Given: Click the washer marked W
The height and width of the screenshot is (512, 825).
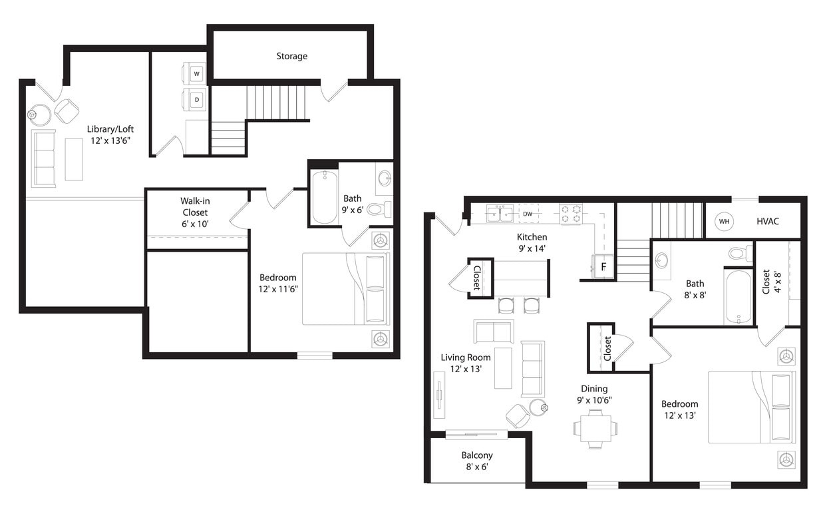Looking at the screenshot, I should tap(196, 73).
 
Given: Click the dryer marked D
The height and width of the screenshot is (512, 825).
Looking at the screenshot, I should tap(196, 100).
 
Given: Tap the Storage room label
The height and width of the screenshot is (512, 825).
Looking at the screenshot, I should tap(292, 57).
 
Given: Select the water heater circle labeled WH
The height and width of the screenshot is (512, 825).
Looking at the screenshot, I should tap(725, 221).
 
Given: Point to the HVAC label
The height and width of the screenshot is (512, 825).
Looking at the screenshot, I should tap(767, 221).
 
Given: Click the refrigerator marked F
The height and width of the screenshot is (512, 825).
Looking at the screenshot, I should tap(603, 266).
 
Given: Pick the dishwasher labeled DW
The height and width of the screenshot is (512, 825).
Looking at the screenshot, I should tap(528, 214).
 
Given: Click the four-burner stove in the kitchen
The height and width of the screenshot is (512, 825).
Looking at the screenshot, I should tap(571, 214).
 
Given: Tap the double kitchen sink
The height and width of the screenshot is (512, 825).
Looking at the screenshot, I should tap(499, 214).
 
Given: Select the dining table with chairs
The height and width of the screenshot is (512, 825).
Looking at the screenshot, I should tap(595, 428).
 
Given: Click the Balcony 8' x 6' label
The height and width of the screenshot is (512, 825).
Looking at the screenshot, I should tap(477, 461).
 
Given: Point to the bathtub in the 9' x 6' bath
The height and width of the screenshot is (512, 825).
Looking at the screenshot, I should tap(325, 197).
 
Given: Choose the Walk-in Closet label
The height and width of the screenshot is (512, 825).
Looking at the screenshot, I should tap(196, 212).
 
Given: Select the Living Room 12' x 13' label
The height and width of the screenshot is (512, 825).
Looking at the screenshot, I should tap(461, 364).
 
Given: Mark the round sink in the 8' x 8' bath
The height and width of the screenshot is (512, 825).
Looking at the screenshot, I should tap(661, 260).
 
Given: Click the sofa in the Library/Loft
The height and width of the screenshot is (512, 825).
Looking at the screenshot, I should tap(44, 158).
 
